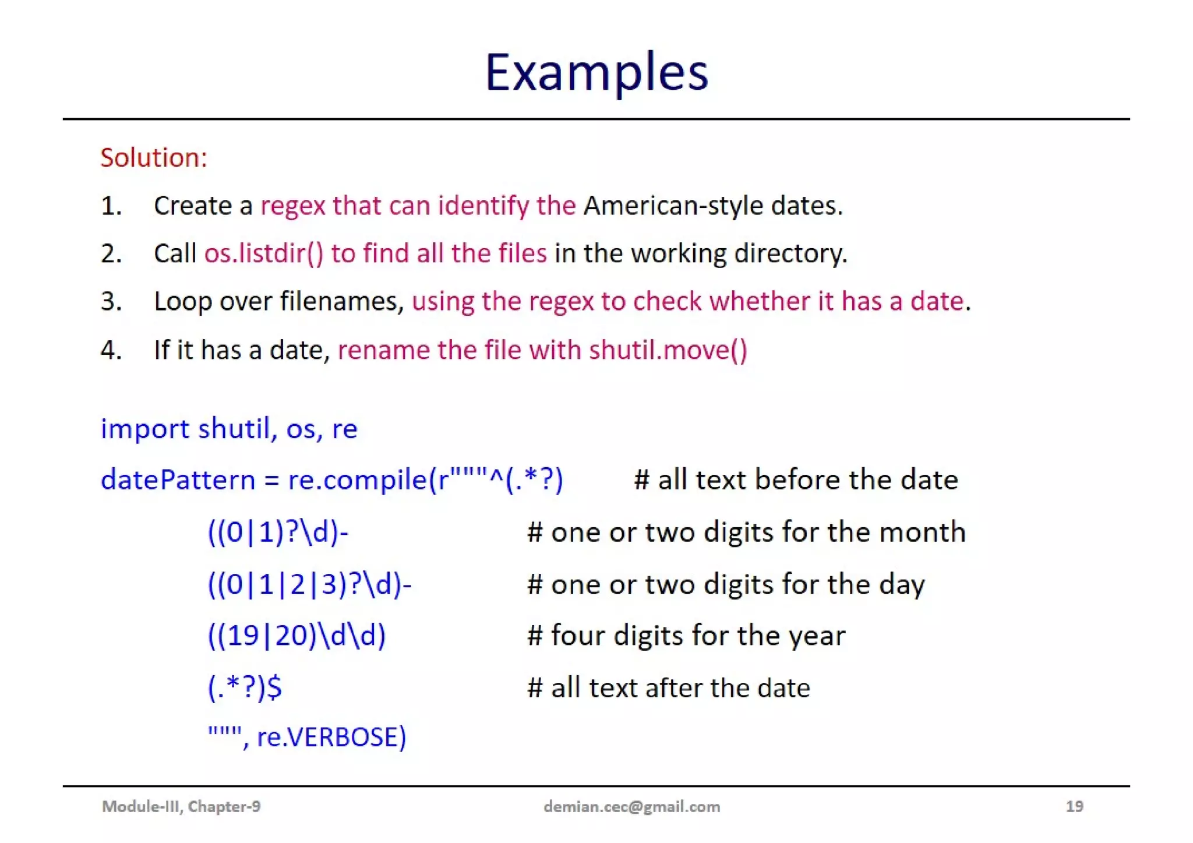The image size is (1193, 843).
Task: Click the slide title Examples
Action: (x=596, y=72)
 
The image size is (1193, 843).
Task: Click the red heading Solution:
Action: (x=154, y=158)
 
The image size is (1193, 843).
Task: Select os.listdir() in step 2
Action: (x=263, y=253)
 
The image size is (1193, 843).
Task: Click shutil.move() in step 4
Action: (x=668, y=350)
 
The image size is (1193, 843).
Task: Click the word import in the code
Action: (x=145, y=429)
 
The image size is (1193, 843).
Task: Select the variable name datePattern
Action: (x=178, y=480)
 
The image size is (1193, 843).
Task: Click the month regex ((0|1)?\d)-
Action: (x=278, y=532)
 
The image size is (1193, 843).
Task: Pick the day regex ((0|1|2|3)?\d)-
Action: (x=309, y=584)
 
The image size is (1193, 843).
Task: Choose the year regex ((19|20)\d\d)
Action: (x=297, y=635)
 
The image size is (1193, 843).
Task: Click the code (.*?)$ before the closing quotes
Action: (x=245, y=687)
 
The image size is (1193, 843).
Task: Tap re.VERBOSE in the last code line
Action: (x=331, y=737)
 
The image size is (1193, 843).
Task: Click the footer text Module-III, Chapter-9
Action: (x=181, y=806)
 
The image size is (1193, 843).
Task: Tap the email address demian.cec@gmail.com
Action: (x=631, y=806)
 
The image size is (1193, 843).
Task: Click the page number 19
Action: (x=1074, y=806)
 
